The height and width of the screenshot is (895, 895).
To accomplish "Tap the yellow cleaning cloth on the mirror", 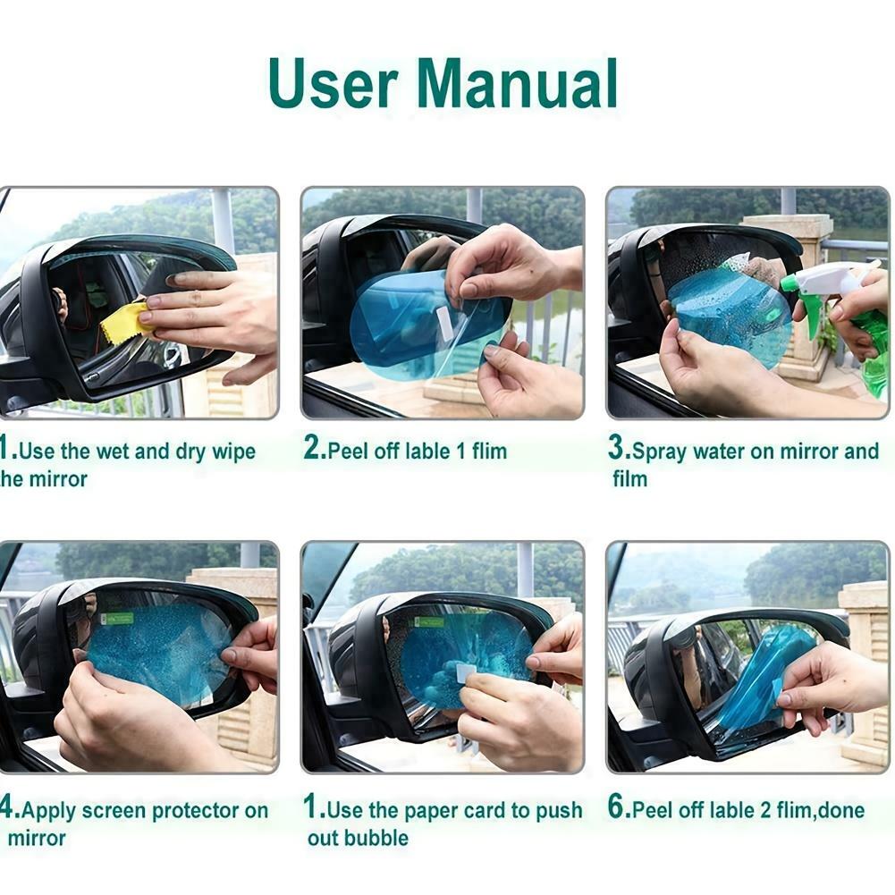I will pos(126,322).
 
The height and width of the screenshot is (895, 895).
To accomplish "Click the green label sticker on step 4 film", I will pos(118,617).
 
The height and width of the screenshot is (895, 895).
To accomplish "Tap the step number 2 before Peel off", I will pos(313,450).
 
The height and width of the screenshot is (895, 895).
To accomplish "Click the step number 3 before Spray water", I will pos(617,450).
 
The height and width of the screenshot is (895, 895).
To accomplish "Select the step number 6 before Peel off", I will pos(617,809).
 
